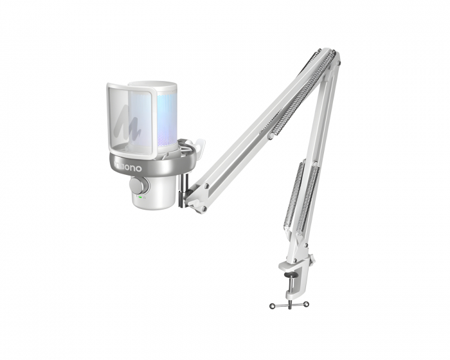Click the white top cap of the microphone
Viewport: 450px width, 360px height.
[x=153, y=87]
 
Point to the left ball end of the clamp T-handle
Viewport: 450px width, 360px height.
[x=272, y=305]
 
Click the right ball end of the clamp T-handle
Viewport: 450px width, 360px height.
[x=307, y=303]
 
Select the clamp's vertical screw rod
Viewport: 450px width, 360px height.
[x=289, y=292]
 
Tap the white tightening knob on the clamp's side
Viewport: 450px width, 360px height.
[x=311, y=260]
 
